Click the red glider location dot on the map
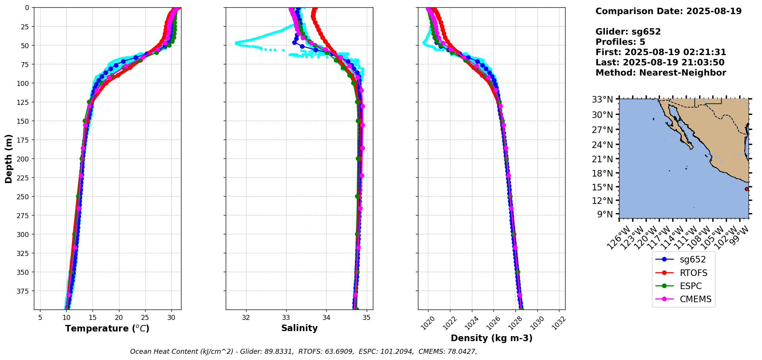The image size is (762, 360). click(747, 189)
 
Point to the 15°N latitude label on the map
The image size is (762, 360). click(603, 187)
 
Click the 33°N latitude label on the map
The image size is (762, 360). click(603, 100)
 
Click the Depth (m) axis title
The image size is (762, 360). click(9, 158)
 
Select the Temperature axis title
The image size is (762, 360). click(107, 328)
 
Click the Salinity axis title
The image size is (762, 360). click(299, 328)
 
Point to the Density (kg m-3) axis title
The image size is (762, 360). click(492, 338)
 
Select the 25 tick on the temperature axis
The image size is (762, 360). click(145, 318)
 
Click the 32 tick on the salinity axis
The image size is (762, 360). click(246, 318)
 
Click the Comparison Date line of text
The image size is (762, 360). click(668, 11)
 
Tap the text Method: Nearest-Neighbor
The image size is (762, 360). click(661, 73)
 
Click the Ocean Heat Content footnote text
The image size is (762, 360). click(304, 352)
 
